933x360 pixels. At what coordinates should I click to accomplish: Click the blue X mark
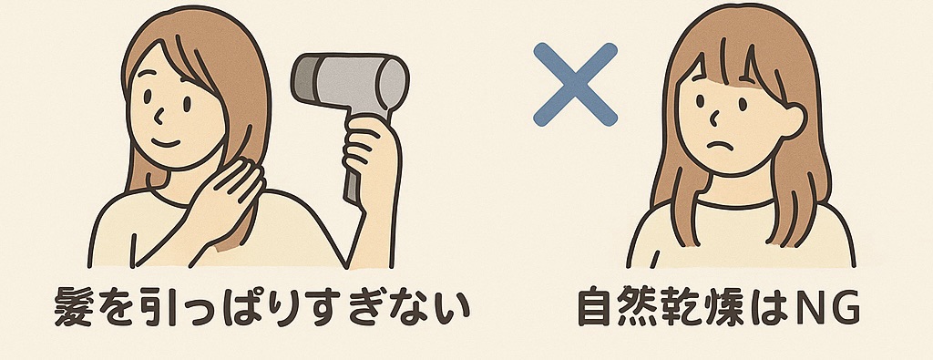[x=576, y=85]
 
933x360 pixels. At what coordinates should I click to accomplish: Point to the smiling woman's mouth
[x=165, y=143]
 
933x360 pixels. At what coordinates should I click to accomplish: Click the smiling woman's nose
[x=159, y=115]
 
